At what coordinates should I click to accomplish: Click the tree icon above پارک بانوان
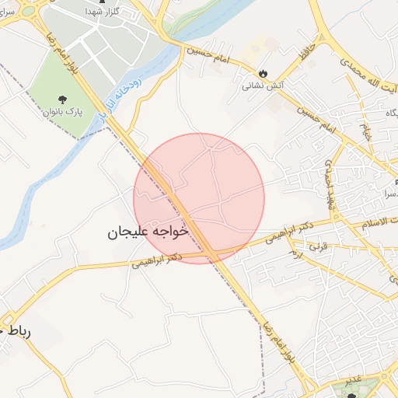pyautogui.click(x=61, y=99)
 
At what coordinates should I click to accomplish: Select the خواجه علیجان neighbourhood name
pyautogui.click(x=148, y=232)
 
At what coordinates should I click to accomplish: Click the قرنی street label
pyautogui.click(x=319, y=246)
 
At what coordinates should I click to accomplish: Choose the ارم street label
pyautogui.click(x=295, y=254)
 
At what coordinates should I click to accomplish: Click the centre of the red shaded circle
pyautogui.click(x=199, y=198)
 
